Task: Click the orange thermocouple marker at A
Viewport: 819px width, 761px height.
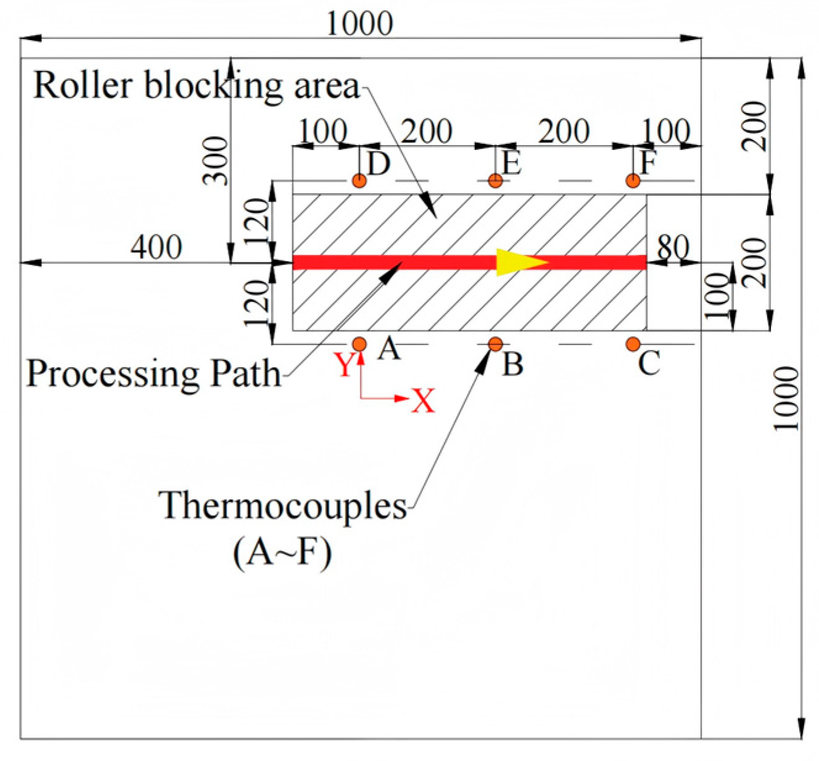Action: (359, 344)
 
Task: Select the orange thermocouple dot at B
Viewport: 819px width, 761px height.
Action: (495, 344)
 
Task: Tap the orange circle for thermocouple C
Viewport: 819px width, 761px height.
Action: (633, 344)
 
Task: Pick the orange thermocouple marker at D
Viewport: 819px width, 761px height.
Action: (359, 181)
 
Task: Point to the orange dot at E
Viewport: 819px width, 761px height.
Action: (495, 181)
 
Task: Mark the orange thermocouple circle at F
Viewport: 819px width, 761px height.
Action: (633, 181)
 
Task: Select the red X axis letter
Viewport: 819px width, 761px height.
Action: (423, 401)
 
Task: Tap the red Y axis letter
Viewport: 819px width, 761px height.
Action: (345, 365)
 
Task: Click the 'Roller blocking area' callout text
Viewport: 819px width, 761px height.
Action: (195, 85)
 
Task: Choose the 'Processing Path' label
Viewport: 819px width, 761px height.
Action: (153, 373)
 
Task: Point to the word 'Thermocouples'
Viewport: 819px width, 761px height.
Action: (282, 506)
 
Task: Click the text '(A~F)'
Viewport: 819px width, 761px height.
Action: (282, 552)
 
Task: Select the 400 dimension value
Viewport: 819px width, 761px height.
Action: (156, 247)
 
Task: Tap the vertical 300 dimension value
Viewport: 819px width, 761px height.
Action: (216, 161)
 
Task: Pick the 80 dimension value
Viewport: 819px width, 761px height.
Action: (672, 247)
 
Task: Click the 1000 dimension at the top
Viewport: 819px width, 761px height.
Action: (360, 24)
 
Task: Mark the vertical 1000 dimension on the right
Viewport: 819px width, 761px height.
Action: (787, 398)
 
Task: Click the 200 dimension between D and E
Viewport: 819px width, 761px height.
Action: (427, 131)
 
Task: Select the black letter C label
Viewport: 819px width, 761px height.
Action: (649, 364)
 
